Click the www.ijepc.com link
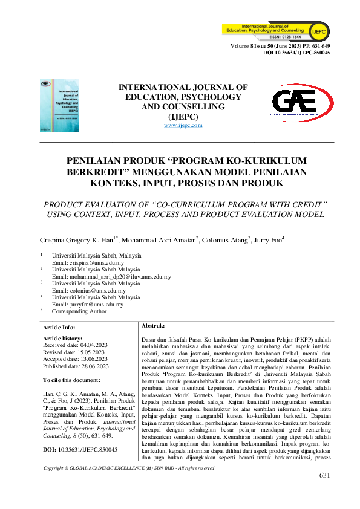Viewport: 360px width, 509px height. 183,125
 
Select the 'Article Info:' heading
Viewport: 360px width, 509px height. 60,327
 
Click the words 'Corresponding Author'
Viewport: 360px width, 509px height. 79,312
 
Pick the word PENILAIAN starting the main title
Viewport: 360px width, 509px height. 96,160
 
